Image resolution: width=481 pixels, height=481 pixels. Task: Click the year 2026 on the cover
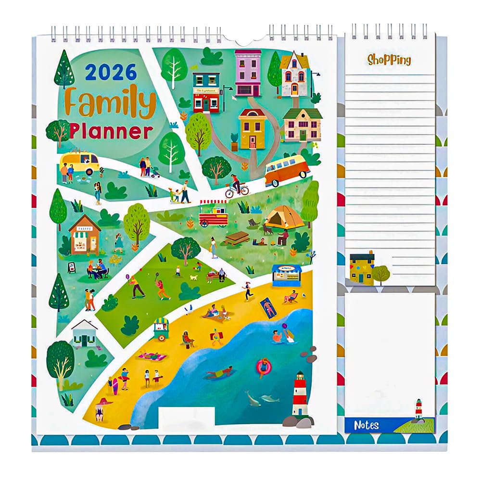pyautogui.click(x=111, y=72)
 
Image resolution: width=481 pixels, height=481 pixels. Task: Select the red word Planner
pyautogui.click(x=111, y=131)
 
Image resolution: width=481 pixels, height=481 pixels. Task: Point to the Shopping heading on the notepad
pyautogui.click(x=389, y=60)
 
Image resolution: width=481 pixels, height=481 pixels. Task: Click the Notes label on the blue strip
pyautogui.click(x=367, y=425)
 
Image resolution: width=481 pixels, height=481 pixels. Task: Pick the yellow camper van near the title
pyautogui.click(x=79, y=162)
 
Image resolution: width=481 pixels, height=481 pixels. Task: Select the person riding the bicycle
pyautogui.click(x=236, y=185)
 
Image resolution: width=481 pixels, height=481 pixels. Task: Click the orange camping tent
pyautogui.click(x=285, y=217)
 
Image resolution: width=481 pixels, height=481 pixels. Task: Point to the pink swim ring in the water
pyautogui.click(x=264, y=367)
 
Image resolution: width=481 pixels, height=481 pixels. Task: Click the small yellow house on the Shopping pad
pyautogui.click(x=362, y=268)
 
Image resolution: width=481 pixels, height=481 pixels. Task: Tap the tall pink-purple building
pyautogui.click(x=248, y=72)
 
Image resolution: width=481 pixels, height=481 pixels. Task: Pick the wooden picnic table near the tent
pyautogui.click(x=238, y=238)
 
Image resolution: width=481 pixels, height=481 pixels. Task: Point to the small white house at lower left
pyautogui.click(x=85, y=333)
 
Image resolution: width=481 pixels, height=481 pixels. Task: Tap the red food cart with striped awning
pyautogui.click(x=213, y=214)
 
